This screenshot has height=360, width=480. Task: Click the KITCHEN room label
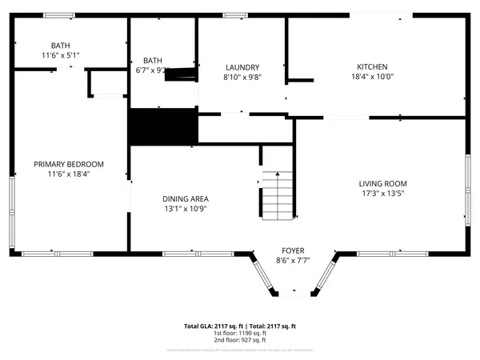pyautogui.click(x=373, y=67)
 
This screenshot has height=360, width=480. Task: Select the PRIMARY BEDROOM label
pyautogui.click(x=69, y=164)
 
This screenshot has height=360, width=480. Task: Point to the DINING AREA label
pyautogui.click(x=186, y=199)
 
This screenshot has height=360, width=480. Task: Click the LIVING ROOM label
pyautogui.click(x=388, y=183)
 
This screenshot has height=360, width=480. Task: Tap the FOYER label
pyautogui.click(x=292, y=250)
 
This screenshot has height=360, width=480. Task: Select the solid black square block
pyautogui.click(x=163, y=126)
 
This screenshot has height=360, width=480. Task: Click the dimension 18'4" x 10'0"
pyautogui.click(x=373, y=77)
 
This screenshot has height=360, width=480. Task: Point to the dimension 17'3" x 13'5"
pyautogui.click(x=388, y=193)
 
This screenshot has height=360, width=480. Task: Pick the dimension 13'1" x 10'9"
pyautogui.click(x=186, y=209)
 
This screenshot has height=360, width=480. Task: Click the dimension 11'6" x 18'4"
pyautogui.click(x=69, y=174)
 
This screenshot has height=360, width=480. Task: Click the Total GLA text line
pyautogui.click(x=240, y=326)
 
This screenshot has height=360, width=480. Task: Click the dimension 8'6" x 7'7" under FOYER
pyautogui.click(x=292, y=260)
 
